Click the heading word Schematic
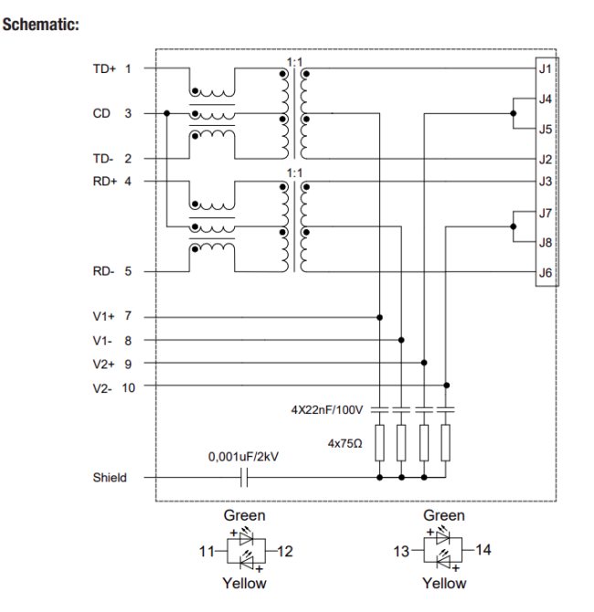coord(41,24)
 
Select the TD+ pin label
coord(104,69)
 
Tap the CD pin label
coord(101,113)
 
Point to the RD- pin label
coord(104,271)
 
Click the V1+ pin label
coord(104,316)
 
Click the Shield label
coord(110,477)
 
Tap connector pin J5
coord(545,129)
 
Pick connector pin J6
coord(545,272)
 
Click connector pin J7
coord(545,213)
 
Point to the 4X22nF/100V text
coord(327,410)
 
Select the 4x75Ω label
coord(345,442)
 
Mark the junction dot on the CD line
coord(168,113)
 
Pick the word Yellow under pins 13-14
coord(444,583)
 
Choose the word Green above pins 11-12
coord(244,516)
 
